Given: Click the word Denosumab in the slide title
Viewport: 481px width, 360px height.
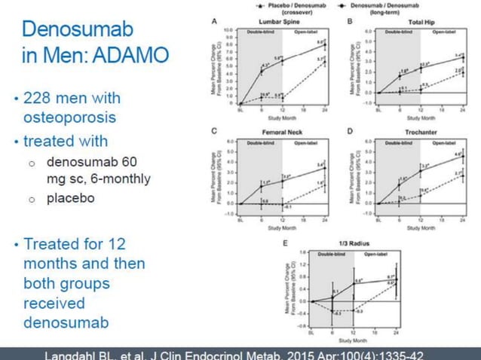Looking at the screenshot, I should click(78, 30).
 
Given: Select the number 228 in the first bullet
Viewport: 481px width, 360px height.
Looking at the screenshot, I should click(41, 99).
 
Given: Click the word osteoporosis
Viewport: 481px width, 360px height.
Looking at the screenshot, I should click(72, 118).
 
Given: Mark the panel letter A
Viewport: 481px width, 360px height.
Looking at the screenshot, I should click(215, 20).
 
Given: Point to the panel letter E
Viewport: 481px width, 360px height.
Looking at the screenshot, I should click(284, 243).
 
